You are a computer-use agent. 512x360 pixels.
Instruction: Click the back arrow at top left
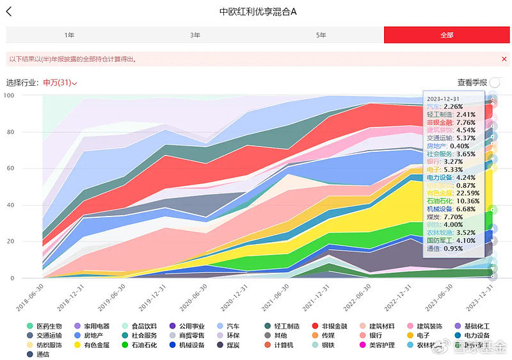coord(9,12)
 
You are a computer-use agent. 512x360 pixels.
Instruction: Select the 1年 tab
coord(69,35)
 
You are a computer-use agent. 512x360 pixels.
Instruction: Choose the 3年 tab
coord(195,35)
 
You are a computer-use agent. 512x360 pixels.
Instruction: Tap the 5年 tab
coord(321,35)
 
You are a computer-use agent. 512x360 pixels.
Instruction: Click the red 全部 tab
coord(447,35)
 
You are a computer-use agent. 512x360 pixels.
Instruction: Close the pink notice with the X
coord(504,59)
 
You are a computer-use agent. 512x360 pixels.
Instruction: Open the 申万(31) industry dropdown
coord(60,83)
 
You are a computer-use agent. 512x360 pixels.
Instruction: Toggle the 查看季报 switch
coord(495,83)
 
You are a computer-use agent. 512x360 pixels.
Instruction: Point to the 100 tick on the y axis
coord(8,96)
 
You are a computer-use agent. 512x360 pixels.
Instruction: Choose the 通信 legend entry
coord(43,354)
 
